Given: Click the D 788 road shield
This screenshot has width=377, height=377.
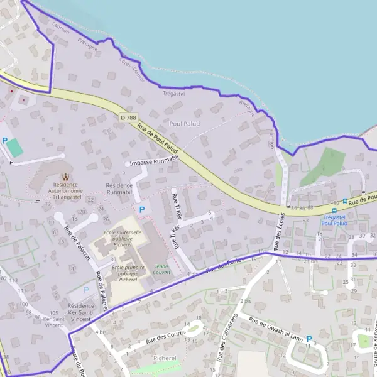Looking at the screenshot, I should (128, 117).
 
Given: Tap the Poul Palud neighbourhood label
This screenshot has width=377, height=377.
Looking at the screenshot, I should (184, 124).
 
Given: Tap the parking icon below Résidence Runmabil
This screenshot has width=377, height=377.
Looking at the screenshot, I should (141, 209).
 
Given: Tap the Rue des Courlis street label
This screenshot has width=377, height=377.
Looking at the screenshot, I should (166, 337).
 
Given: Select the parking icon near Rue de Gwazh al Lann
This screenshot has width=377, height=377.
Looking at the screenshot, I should (309, 339).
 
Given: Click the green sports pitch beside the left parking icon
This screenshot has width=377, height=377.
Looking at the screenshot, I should (15, 148).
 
